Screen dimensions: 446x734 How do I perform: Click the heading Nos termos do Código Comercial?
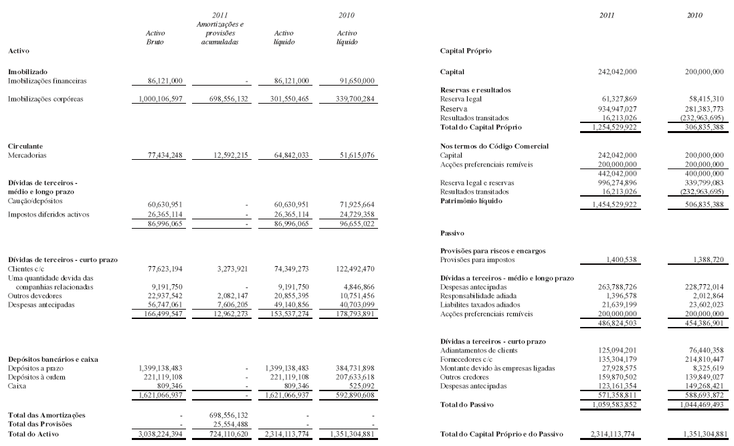[490, 145]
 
